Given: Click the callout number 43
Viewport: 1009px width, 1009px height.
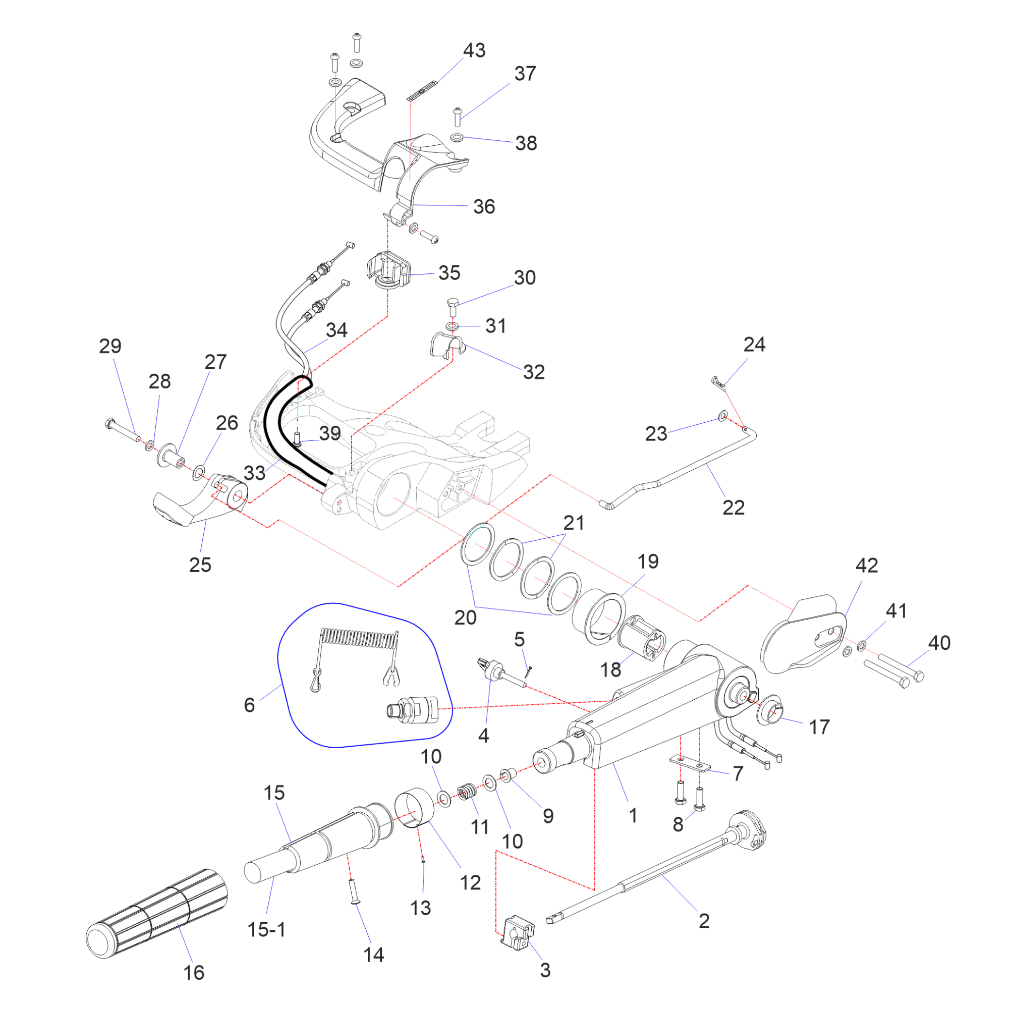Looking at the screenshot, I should [474, 50].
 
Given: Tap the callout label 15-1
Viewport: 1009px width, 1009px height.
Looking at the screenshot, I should [266, 930].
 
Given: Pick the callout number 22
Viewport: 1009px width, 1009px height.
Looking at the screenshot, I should [733, 508].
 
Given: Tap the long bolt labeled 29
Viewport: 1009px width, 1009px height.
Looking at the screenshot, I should [123, 431].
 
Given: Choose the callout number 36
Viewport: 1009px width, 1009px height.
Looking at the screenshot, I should [484, 207].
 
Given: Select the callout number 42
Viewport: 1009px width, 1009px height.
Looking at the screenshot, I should [867, 566].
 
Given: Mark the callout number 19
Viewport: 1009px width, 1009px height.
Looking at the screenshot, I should [648, 562].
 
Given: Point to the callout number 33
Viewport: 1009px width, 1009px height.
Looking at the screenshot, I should [254, 473].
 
